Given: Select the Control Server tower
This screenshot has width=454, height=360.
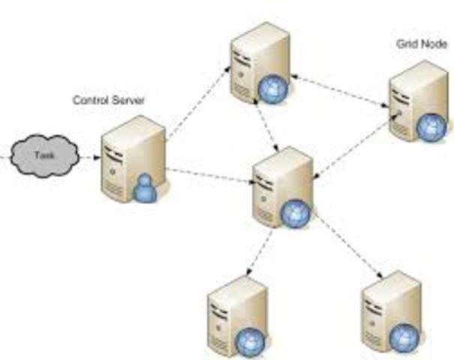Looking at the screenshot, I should (x=128, y=157).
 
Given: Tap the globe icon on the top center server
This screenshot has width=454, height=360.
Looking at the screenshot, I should (x=271, y=90).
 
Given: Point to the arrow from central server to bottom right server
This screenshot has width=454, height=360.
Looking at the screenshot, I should (x=346, y=248).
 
